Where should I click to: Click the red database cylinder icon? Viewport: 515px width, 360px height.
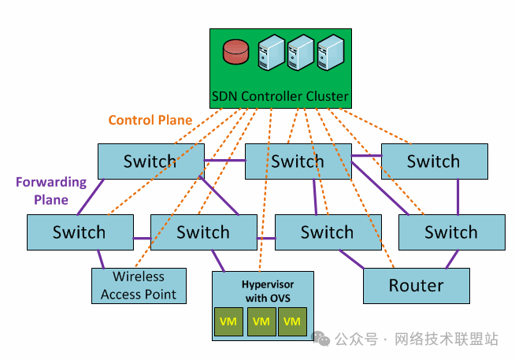click(x=235, y=52)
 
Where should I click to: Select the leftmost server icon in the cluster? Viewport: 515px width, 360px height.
click(x=272, y=53)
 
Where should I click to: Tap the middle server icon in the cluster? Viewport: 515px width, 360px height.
click(x=301, y=53)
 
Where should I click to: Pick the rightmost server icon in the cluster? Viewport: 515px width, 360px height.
click(x=329, y=53)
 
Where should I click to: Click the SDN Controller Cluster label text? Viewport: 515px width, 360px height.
click(x=280, y=98)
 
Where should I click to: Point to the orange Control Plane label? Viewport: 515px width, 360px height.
click(x=150, y=121)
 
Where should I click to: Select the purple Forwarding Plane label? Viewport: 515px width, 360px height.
click(x=50, y=191)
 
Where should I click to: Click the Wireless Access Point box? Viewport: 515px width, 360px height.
click(x=139, y=286)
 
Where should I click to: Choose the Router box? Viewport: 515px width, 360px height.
click(x=416, y=286)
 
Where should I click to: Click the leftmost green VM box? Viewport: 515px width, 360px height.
click(x=228, y=321)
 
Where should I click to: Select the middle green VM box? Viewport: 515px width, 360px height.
click(x=262, y=321)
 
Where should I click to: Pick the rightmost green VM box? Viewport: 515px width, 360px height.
click(x=292, y=321)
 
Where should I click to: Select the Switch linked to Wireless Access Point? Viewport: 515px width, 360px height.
click(x=79, y=232)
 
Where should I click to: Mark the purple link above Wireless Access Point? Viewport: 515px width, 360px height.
click(x=101, y=259)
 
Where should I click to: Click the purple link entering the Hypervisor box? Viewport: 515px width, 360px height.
click(x=218, y=261)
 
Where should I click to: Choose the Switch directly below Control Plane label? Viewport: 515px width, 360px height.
click(x=150, y=161)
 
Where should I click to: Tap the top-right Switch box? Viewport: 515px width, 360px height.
click(x=433, y=161)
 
